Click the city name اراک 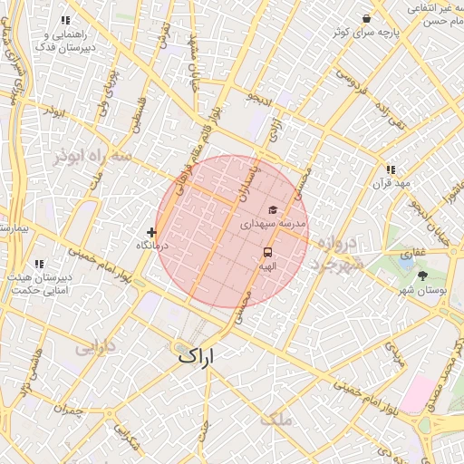(198, 355)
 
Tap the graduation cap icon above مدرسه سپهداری (272, 210)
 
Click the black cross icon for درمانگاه (150, 233)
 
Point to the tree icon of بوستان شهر (424, 275)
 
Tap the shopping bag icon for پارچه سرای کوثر (366, 18)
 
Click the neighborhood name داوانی (93, 346)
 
